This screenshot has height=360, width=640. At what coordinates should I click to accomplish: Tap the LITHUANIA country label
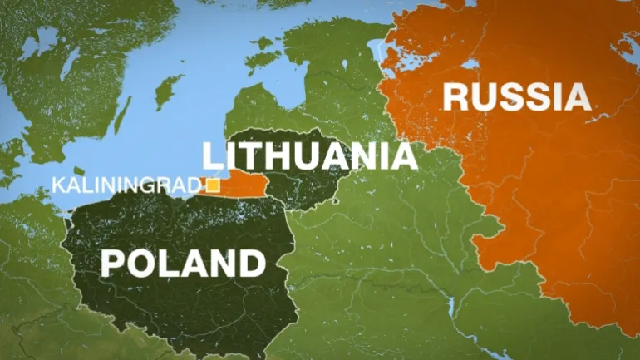(309, 156)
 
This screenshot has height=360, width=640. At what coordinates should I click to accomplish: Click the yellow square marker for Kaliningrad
(213, 185)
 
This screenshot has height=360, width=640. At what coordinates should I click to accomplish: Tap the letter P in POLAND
(114, 264)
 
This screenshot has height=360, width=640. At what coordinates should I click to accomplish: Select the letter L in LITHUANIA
(211, 156)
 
